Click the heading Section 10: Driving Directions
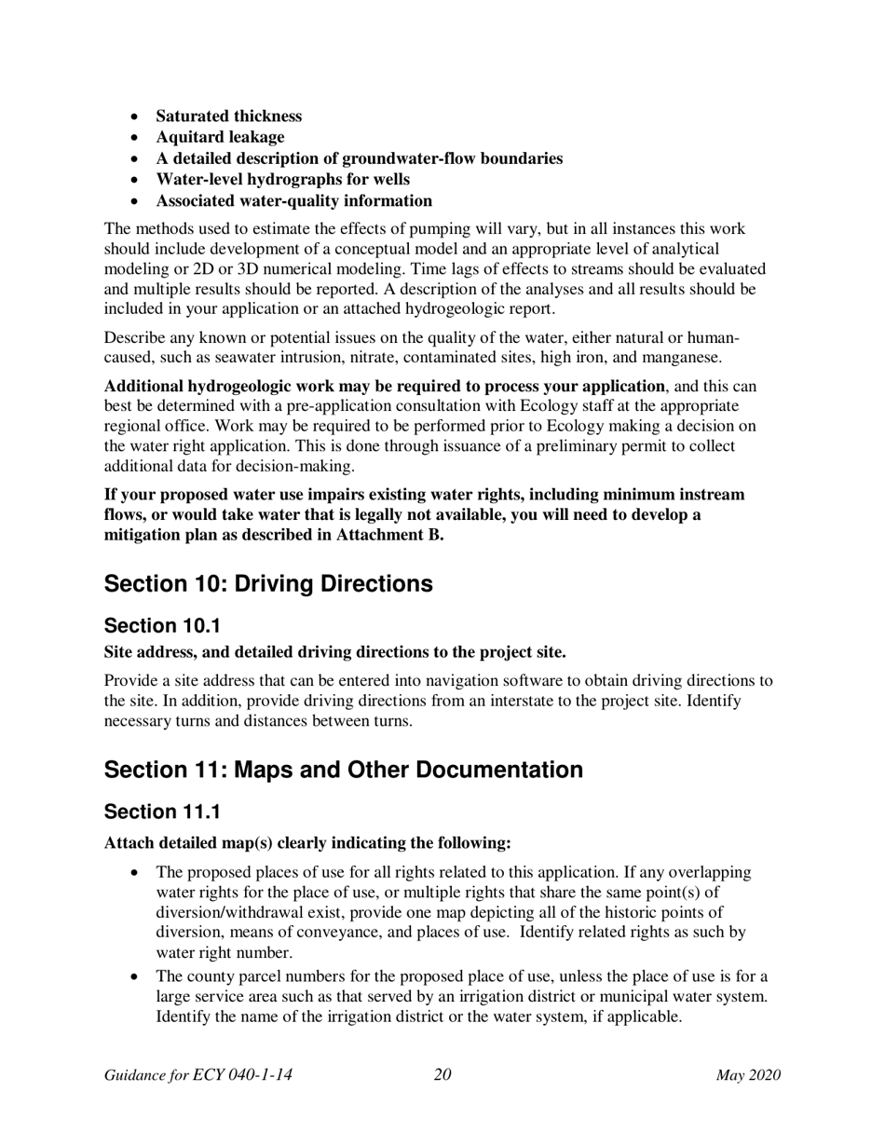click(x=268, y=584)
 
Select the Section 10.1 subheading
click(x=162, y=626)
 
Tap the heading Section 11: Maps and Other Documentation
click(x=343, y=770)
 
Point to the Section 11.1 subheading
click(x=162, y=812)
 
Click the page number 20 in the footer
click(x=442, y=1075)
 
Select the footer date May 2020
click(x=747, y=1075)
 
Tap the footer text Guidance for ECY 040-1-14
click(x=198, y=1075)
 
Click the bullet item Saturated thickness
click(x=228, y=116)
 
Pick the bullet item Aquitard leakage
click(x=220, y=137)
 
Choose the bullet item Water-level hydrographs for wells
click(x=282, y=179)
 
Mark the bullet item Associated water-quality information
click(x=293, y=200)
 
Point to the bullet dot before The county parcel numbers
click(x=136, y=976)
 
